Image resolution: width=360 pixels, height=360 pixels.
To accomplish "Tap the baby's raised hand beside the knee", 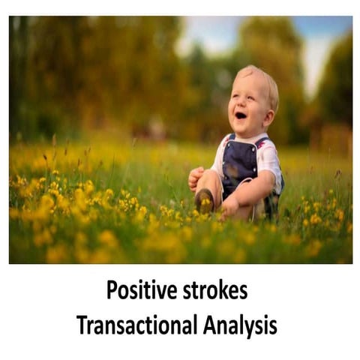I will pyautogui.click(x=196, y=177).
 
